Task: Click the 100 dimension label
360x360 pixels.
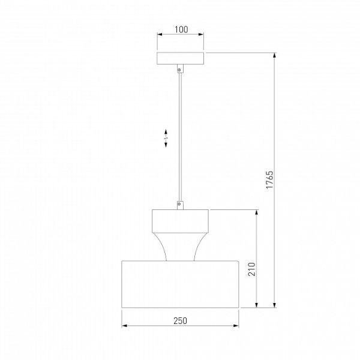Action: pyautogui.click(x=181, y=29)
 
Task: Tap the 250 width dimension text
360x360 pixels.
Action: pyautogui.click(x=180, y=321)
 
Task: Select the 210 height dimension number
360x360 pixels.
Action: pyautogui.click(x=251, y=269)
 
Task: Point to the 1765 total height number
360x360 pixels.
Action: pyautogui.click(x=270, y=180)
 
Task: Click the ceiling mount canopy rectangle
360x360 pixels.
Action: pyautogui.click(x=180, y=58)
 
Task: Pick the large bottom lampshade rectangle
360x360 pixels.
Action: pyautogui.click(x=180, y=284)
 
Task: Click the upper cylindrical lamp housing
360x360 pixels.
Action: pyautogui.click(x=180, y=221)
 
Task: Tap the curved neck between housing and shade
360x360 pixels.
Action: pyautogui.click(x=180, y=247)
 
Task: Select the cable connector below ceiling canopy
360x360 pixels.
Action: pyautogui.click(x=180, y=68)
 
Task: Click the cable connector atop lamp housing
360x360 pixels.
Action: pyautogui.click(x=180, y=205)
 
